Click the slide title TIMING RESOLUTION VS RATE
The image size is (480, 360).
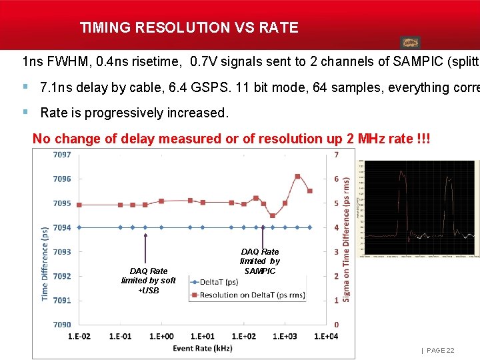[189, 27]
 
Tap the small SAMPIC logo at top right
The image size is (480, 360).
[410, 42]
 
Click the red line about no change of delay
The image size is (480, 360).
[231, 139]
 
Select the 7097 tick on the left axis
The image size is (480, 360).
[61, 155]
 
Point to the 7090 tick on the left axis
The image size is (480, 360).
[61, 325]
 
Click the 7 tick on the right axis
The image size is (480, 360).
[337, 155]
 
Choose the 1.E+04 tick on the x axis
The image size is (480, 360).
[325, 337]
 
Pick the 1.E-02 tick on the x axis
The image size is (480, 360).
[80, 337]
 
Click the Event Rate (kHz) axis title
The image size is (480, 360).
[202, 348]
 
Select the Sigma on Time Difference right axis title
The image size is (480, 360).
[347, 243]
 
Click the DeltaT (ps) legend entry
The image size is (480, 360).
[220, 282]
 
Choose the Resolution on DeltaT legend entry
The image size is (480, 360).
[247, 295]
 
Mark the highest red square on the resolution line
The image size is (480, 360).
[297, 177]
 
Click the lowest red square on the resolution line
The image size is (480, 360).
[273, 215]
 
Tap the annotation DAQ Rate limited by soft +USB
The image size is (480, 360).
[149, 281]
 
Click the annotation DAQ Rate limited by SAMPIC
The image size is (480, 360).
[259, 261]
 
